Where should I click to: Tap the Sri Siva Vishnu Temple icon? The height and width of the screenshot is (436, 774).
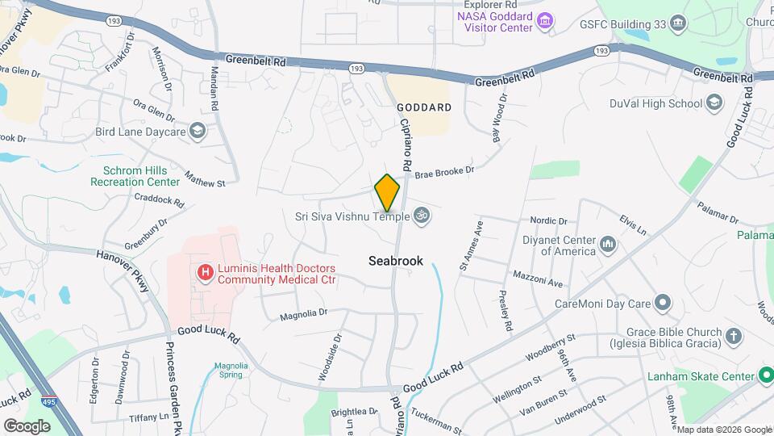[x=419, y=215]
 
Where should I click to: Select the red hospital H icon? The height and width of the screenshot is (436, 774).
[x=206, y=274]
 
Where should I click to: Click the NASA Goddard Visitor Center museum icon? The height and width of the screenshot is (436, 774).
[x=546, y=19]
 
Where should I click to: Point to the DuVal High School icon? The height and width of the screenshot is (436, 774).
[x=714, y=103]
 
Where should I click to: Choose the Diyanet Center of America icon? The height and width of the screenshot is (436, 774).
[x=608, y=243]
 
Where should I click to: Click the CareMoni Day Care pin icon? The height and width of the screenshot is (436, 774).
[x=663, y=304]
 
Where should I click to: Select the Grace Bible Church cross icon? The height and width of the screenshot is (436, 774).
[x=734, y=335]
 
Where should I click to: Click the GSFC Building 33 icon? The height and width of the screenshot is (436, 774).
[x=677, y=23]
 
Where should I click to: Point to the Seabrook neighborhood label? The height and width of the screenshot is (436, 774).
[x=395, y=261]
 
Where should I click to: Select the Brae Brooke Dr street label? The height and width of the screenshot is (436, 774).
[x=444, y=170]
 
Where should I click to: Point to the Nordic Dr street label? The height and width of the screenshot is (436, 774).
[x=549, y=220]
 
